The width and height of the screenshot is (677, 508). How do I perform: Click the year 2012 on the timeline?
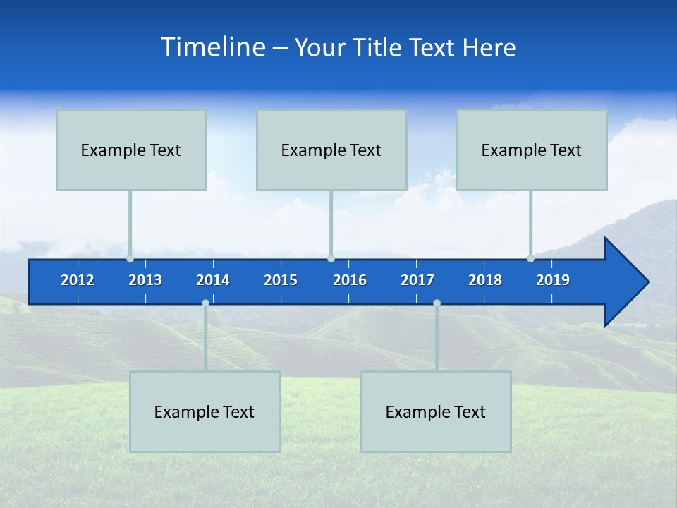tap(78, 280)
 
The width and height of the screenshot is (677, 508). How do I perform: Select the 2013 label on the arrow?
tap(145, 280)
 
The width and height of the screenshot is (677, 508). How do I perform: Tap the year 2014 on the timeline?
tap(213, 280)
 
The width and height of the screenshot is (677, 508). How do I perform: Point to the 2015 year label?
tap(281, 280)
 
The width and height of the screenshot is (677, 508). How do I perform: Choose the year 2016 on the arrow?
tap(350, 280)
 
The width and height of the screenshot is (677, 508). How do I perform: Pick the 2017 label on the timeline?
tap(417, 280)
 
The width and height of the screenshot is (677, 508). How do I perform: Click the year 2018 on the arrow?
tap(485, 280)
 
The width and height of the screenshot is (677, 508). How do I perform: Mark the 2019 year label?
tap(553, 280)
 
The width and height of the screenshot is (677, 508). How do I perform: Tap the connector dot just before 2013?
tap(130, 259)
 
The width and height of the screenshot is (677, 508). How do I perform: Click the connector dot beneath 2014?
tap(205, 303)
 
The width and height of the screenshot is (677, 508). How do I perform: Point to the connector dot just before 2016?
tap(331, 259)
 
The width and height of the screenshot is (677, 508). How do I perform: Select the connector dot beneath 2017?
tap(437, 303)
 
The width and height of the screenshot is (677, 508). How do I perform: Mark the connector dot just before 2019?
tap(530, 259)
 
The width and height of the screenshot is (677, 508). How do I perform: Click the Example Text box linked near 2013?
tap(131, 150)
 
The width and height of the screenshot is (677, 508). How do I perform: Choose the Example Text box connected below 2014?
tap(205, 411)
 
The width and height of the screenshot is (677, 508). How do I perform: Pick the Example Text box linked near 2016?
tap(331, 150)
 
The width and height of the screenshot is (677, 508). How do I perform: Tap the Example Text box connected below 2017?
tap(436, 411)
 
